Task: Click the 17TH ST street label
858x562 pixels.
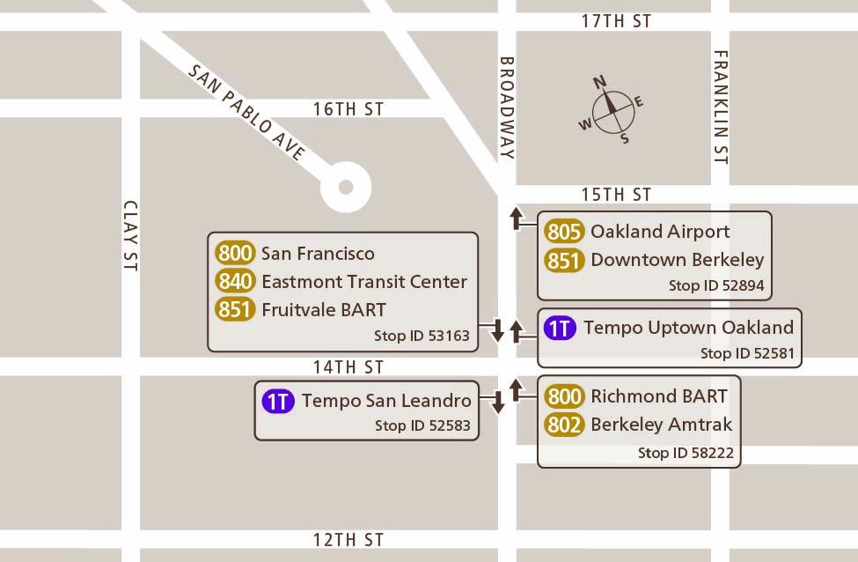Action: (616, 21)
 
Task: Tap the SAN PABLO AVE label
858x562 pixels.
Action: (246, 113)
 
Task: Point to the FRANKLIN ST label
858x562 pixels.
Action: (721, 107)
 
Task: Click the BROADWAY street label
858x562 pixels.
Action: (507, 107)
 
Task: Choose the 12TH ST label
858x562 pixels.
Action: (349, 539)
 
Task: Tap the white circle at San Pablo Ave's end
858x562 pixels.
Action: (346, 187)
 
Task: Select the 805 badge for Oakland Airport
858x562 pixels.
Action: (564, 232)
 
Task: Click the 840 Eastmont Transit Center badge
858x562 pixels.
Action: (235, 282)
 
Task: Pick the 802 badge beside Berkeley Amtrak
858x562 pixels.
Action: (564, 425)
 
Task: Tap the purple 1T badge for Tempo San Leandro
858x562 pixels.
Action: (278, 402)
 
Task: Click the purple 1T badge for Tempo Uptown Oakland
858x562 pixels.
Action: (560, 329)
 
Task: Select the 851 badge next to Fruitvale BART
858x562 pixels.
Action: (235, 310)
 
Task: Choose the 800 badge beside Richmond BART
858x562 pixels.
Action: (564, 396)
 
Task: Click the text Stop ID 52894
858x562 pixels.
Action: (716, 285)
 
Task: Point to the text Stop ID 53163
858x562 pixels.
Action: (422, 336)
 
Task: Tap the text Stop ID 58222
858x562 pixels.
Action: (686, 453)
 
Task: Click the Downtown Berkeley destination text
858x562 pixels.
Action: (677, 260)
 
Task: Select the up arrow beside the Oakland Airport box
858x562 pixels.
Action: (517, 218)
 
